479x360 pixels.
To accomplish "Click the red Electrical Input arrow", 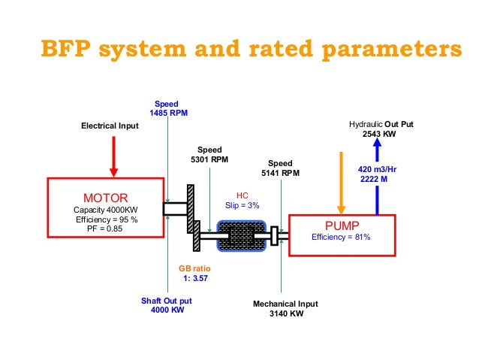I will (x=114, y=157).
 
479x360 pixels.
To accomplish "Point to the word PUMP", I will (x=342, y=225).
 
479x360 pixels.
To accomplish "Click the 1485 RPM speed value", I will (x=169, y=113).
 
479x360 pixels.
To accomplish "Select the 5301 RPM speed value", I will (x=209, y=159).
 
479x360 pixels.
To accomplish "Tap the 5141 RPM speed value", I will (x=280, y=172).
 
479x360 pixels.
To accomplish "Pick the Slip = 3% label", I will (x=242, y=206).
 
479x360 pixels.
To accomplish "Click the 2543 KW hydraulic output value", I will (x=378, y=133).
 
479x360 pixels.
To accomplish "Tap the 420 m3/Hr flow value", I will (x=378, y=170).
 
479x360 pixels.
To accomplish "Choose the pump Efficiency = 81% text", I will (x=341, y=237).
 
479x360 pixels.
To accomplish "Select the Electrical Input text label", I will (x=110, y=126).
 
